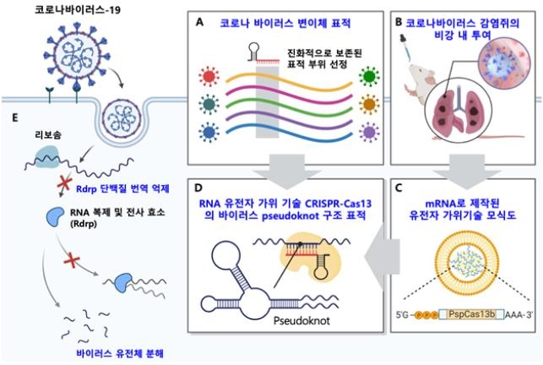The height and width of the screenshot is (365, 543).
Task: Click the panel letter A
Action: click(199, 22)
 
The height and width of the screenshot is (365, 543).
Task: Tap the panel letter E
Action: click(15, 117)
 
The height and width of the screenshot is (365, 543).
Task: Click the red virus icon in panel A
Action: click(209, 76)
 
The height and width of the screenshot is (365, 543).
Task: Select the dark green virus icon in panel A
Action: click(369, 76)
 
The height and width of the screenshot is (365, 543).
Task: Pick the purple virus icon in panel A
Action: click(369, 133)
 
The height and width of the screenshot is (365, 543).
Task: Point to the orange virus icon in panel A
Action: click(369, 104)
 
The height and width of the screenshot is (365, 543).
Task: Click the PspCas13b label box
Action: click(472, 314)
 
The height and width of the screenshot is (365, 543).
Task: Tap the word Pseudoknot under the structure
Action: click(301, 320)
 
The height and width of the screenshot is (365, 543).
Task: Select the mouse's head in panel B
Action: click(418, 74)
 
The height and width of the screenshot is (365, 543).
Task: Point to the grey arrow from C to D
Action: click(382, 257)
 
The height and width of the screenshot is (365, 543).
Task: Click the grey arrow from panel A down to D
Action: click(287, 172)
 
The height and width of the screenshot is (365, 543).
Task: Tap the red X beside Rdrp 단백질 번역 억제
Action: click(64, 183)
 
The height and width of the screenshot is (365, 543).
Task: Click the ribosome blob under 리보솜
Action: click(46, 156)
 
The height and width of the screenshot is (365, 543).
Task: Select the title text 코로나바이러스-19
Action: click(78, 9)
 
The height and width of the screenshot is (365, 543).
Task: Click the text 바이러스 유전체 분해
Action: click(120, 353)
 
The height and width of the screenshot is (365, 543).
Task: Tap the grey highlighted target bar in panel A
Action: click(267, 101)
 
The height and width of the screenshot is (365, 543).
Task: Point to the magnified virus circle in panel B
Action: click(504, 63)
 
